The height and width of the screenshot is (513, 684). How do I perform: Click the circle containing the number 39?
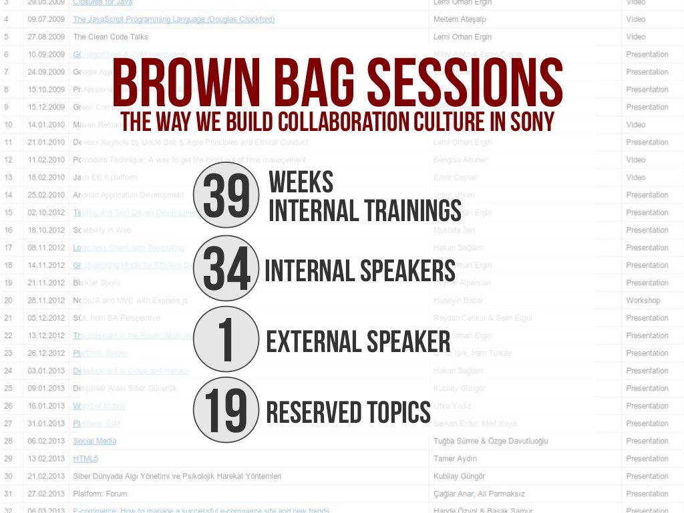click(226, 195)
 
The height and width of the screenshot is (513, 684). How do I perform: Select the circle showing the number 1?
click(226, 339)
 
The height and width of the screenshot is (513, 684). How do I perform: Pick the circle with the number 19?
click(226, 410)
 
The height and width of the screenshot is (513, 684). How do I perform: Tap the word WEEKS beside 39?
click(301, 182)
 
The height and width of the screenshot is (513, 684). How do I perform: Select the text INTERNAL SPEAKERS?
click(360, 271)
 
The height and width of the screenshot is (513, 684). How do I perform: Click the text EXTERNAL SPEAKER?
click(358, 342)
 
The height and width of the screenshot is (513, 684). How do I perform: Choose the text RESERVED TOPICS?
click(348, 413)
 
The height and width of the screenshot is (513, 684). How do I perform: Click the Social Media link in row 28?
click(94, 441)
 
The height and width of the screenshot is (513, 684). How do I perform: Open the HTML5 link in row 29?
click(85, 459)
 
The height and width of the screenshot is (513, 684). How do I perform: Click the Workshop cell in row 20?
click(643, 301)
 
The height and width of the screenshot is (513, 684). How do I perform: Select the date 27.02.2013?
click(46, 494)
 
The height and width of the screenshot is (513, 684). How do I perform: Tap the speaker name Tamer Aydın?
click(455, 459)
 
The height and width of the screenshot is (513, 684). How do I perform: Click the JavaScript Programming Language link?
click(174, 19)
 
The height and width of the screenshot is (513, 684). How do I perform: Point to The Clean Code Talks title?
click(110, 37)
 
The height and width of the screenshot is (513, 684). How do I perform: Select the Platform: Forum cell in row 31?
click(103, 494)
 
